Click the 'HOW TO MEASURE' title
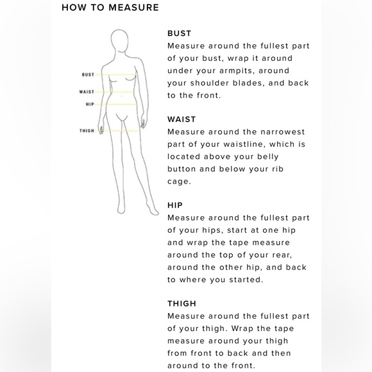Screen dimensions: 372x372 click(110, 8)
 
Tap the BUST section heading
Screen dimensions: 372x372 click(180, 33)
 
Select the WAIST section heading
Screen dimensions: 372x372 click(182, 119)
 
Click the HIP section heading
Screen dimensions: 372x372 click(175, 205)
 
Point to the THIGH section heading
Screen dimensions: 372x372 click(182, 303)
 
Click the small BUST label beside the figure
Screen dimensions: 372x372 click(88, 75)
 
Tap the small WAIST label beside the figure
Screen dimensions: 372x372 click(87, 92)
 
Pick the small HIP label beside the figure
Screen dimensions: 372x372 click(90, 105)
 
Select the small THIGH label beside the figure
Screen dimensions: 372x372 click(87, 131)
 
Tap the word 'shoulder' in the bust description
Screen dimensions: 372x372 click(210, 83)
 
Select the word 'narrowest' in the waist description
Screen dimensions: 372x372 click(283, 132)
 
